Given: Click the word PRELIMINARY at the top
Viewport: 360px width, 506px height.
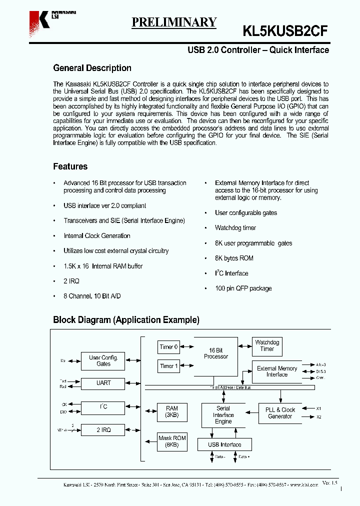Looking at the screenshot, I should tap(174, 22).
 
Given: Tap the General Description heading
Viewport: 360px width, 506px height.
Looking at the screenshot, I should tap(92, 68).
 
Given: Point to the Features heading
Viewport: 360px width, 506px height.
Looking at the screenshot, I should tap(70, 166).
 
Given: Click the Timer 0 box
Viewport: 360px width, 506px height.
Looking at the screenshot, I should tap(168, 347).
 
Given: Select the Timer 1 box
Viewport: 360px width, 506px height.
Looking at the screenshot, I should tap(168, 366).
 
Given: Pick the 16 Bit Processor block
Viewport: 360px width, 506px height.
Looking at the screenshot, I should tap(215, 356).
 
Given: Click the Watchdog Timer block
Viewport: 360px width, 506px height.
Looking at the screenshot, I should tap(267, 345).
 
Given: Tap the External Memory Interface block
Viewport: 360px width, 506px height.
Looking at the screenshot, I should tap(276, 371).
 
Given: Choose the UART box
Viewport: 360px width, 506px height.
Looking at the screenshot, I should tap(103, 383).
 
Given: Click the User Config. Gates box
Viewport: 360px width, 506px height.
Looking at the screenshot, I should tap(103, 361).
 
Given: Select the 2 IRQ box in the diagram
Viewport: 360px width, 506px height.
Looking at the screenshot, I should tap(103, 430).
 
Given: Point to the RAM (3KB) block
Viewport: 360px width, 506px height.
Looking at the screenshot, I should tap(171, 412).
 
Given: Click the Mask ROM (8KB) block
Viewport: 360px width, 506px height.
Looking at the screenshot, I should tap(171, 441).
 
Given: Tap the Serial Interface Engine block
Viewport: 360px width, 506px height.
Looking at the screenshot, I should tap(223, 415).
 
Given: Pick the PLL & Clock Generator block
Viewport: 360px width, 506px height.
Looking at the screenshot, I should tap(280, 413).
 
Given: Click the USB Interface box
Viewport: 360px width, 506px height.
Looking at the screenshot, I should tap(224, 444).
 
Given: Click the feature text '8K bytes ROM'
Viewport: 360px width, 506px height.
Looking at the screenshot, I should tap(234, 258).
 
